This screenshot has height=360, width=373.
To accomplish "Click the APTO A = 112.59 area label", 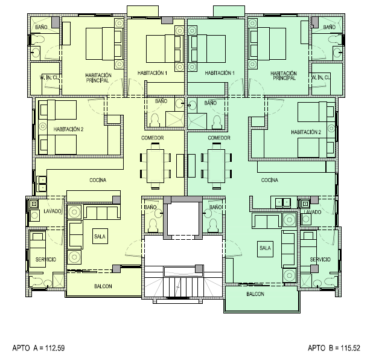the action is [39, 348].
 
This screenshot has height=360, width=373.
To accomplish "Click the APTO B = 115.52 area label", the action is [334, 348].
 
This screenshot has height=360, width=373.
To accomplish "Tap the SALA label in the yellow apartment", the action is [100, 236].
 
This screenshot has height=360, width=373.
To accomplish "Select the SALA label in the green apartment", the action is [265, 248].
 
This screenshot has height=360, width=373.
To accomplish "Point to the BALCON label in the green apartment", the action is [255, 294].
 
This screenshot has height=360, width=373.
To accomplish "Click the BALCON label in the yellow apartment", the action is [103, 286].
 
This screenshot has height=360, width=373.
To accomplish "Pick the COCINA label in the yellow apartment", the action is [98, 180].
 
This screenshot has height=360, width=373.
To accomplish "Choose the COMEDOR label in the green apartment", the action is [219, 138].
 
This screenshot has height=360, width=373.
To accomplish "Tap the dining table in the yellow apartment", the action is [155, 166].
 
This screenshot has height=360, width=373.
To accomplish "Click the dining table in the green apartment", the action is [216, 166].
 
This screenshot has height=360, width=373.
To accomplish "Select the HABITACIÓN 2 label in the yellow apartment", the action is [68, 129].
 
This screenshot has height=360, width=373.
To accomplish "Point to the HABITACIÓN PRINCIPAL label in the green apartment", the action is [284, 76].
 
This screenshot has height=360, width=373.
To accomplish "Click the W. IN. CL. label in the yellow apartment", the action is [49, 77].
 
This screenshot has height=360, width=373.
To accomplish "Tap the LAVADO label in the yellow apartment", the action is [53, 211].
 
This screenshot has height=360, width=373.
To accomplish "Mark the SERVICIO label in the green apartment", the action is [320, 260].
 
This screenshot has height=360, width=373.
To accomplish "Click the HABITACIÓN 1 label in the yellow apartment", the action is [152, 73].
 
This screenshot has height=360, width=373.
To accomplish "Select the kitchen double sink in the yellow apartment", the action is [42, 184].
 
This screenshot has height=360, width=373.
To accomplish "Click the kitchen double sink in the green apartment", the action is [282, 202].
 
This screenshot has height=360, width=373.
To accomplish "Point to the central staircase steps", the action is [183, 287].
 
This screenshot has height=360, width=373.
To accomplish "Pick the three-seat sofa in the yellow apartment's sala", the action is [102, 213].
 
